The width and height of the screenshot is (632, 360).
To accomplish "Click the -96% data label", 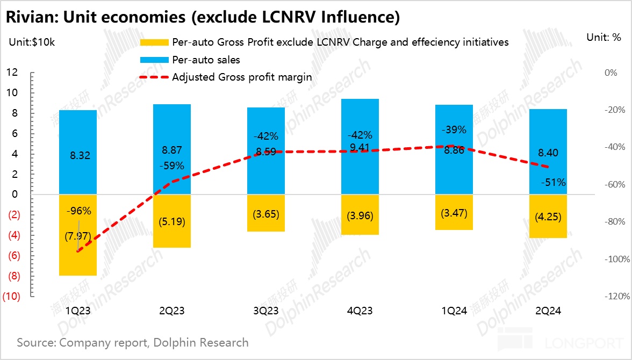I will point(78,211).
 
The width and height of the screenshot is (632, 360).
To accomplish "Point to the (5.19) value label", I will point(172,221).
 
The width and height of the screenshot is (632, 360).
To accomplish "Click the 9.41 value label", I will point(360,146).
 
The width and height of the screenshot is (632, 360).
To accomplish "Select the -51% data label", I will point(554,183).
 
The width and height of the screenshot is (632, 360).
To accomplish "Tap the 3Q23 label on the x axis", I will point(266,311).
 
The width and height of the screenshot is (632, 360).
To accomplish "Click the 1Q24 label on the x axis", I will point(454,311).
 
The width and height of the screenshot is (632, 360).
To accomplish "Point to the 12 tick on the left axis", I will point(12,73).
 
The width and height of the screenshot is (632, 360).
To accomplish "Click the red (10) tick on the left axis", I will point(12,297).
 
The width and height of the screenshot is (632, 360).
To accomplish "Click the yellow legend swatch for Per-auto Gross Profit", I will point(154,42).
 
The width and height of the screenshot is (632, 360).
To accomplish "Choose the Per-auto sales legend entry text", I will point(206,60).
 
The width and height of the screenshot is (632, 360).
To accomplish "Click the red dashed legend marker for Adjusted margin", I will point(154,77).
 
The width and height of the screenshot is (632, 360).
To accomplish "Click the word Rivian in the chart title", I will point(30,18).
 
